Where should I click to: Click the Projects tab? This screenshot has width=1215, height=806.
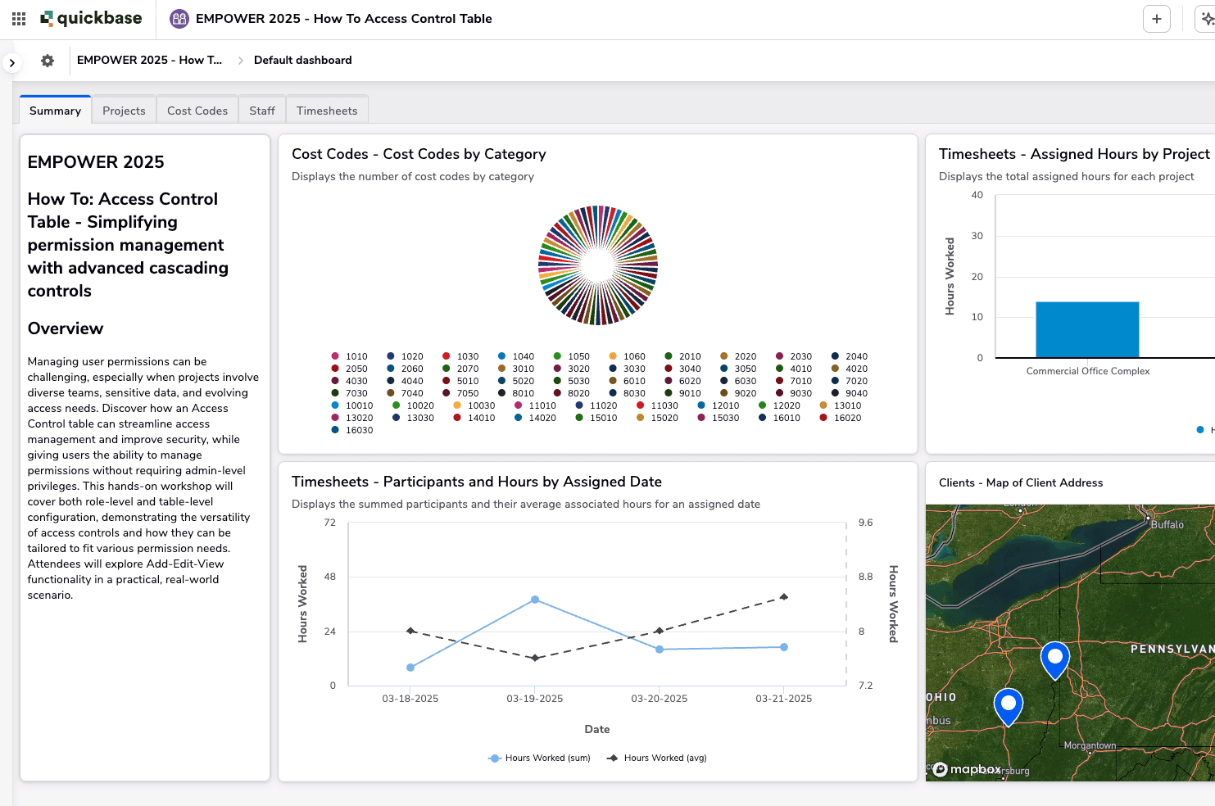click(124, 111)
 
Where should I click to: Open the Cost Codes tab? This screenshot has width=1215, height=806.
click(197, 111)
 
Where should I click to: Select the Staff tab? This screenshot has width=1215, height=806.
click(262, 111)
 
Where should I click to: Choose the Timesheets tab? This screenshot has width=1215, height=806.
click(327, 111)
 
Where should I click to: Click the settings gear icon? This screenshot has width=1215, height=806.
click(48, 61)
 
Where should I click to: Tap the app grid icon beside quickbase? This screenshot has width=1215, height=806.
click(19, 19)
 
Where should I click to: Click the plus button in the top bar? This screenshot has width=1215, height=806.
click(1156, 19)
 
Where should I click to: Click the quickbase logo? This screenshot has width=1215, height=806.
click(91, 19)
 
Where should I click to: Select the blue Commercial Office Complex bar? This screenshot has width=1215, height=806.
click(1087, 329)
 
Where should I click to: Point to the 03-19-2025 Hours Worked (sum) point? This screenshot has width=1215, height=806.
click(535, 600)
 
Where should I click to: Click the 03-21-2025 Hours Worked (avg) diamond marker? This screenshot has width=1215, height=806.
click(784, 597)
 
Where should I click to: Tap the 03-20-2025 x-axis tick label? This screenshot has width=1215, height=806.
click(659, 699)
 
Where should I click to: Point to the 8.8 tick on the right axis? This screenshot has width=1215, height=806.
click(866, 577)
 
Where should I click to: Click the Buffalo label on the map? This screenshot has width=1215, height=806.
click(1167, 525)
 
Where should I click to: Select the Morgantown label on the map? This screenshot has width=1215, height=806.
click(1090, 745)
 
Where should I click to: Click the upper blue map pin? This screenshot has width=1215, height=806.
click(1055, 657)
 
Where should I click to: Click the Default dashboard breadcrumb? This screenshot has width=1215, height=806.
click(302, 61)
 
